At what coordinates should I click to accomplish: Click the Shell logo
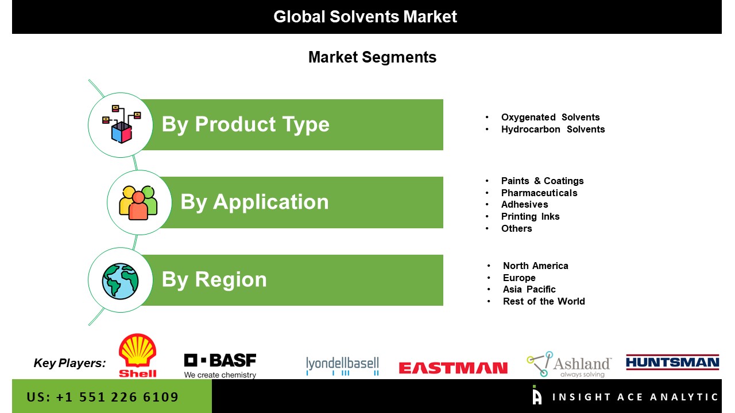(x=137, y=356)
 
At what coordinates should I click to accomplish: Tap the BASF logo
(x=220, y=366)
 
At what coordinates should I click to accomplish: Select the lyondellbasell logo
(x=342, y=366)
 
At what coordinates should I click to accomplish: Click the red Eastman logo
(x=453, y=368)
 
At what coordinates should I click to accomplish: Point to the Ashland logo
(x=569, y=364)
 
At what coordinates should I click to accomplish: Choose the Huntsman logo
(x=672, y=362)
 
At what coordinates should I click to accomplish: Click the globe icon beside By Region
(x=120, y=281)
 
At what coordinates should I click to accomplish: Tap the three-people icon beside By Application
(x=138, y=202)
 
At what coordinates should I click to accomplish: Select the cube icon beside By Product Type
(x=121, y=124)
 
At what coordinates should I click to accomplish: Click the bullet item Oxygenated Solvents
(x=550, y=117)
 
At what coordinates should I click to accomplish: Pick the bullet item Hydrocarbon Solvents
(x=553, y=129)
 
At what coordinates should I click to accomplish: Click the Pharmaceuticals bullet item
(x=539, y=193)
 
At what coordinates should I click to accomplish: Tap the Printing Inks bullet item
(x=530, y=216)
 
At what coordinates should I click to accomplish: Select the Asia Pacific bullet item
(x=529, y=289)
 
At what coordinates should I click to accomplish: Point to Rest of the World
(x=544, y=301)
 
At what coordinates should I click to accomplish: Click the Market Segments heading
(x=373, y=57)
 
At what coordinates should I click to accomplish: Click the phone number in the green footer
(x=102, y=397)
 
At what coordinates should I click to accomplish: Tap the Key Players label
(x=69, y=363)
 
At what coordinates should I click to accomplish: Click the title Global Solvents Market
(x=365, y=17)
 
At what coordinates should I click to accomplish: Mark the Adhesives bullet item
(x=524, y=205)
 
